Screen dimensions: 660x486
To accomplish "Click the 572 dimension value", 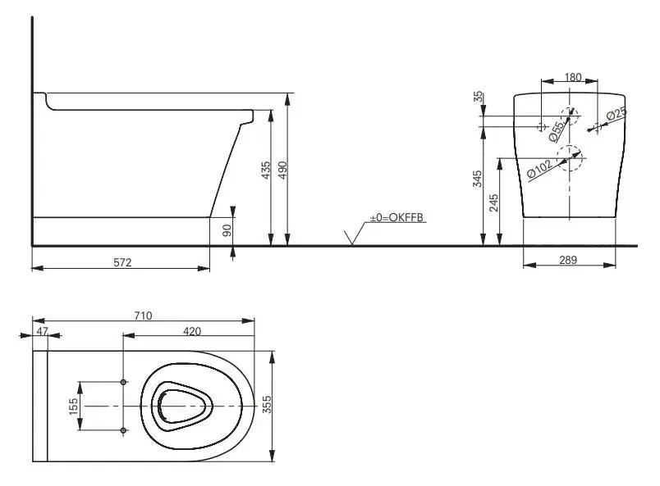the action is [122, 262].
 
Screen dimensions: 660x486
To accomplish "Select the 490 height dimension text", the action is [283, 170].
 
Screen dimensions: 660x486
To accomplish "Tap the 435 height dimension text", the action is [266, 170].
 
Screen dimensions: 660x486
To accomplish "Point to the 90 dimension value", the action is [227, 230].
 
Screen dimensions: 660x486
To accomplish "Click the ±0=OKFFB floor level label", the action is [396, 217].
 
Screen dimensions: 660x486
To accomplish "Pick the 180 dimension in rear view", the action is [573, 77].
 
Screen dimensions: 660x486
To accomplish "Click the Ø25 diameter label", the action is [616, 115].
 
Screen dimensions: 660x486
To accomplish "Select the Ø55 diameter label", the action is [557, 131].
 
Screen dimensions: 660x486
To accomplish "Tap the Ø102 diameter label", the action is [539, 168].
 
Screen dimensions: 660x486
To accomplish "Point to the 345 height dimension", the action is [477, 179].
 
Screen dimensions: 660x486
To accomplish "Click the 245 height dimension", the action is [494, 202].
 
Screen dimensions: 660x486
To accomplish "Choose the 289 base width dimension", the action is [568, 260].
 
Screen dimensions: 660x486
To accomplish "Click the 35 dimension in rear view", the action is [479, 97].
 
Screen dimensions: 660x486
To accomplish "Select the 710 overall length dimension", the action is [143, 316].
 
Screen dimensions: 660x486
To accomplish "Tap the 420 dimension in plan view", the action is [192, 331].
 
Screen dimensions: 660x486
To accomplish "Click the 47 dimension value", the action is [42, 331].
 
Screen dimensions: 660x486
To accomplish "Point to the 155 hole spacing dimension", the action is [73, 407].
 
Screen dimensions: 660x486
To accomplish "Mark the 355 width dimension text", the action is [267, 404].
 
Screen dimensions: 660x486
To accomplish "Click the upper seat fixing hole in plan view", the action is [123, 382].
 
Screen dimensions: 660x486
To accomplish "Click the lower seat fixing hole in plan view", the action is [123, 430].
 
